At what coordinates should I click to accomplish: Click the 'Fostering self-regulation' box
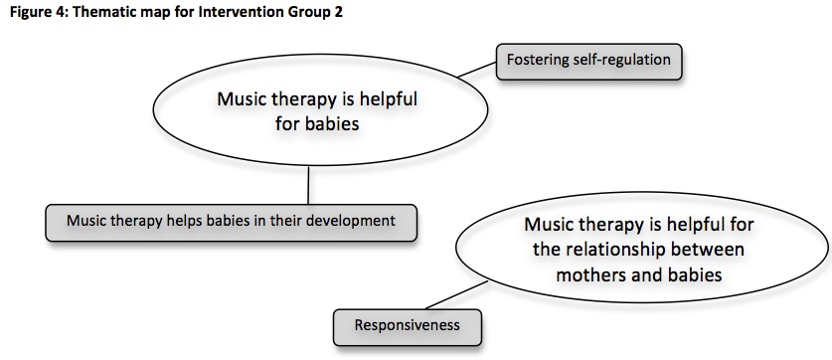588,61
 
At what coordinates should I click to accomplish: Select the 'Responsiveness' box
408,323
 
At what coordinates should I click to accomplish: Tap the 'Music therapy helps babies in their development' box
231,220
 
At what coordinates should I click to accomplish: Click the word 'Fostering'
540,61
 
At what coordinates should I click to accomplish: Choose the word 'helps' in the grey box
185,220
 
